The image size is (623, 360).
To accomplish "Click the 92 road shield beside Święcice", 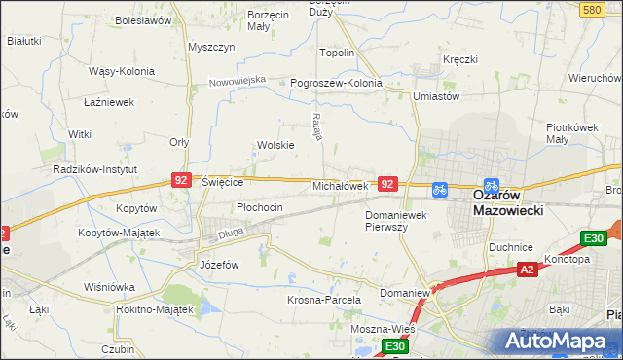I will click(181, 180).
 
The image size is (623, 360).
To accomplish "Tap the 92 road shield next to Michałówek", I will click(388, 183).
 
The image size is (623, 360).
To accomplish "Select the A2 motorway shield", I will click(527, 270).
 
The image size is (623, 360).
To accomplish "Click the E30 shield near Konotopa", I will click(593, 238).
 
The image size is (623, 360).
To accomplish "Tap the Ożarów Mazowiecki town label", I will click(508, 201).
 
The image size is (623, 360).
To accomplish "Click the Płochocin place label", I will click(260, 207).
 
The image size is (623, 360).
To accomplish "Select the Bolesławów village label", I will click(143, 19).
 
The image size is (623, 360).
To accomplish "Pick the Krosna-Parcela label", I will click(324, 300).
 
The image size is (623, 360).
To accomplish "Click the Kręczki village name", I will click(459, 59).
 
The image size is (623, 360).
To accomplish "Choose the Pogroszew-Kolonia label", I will click(337, 83).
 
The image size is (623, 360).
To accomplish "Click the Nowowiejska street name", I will click(238, 80).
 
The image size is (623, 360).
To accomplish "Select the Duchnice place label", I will click(512, 246).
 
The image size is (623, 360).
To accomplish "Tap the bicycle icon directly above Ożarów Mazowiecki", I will click(491, 184).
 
